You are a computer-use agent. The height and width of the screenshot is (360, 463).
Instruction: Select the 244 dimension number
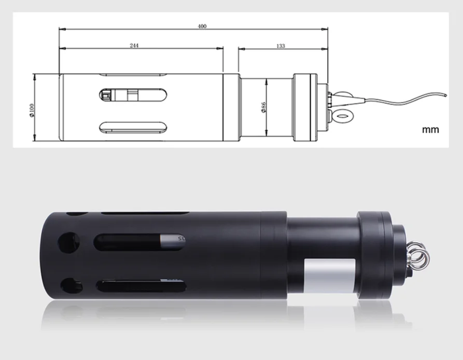[134, 46]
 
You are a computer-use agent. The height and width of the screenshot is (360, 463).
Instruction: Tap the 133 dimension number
[280, 46]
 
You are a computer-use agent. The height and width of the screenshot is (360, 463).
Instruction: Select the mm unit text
[430, 129]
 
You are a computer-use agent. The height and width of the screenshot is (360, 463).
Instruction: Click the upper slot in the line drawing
[133, 94]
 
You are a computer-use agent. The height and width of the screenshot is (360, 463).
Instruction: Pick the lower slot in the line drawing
[133, 127]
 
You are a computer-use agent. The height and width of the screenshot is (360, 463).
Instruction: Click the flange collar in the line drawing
[304, 107]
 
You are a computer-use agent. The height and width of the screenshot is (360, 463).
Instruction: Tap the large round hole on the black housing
[67, 242]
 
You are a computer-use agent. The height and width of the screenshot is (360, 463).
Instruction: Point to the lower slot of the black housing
[137, 286]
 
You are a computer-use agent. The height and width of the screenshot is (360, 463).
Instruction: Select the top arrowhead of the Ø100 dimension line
[35, 76]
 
